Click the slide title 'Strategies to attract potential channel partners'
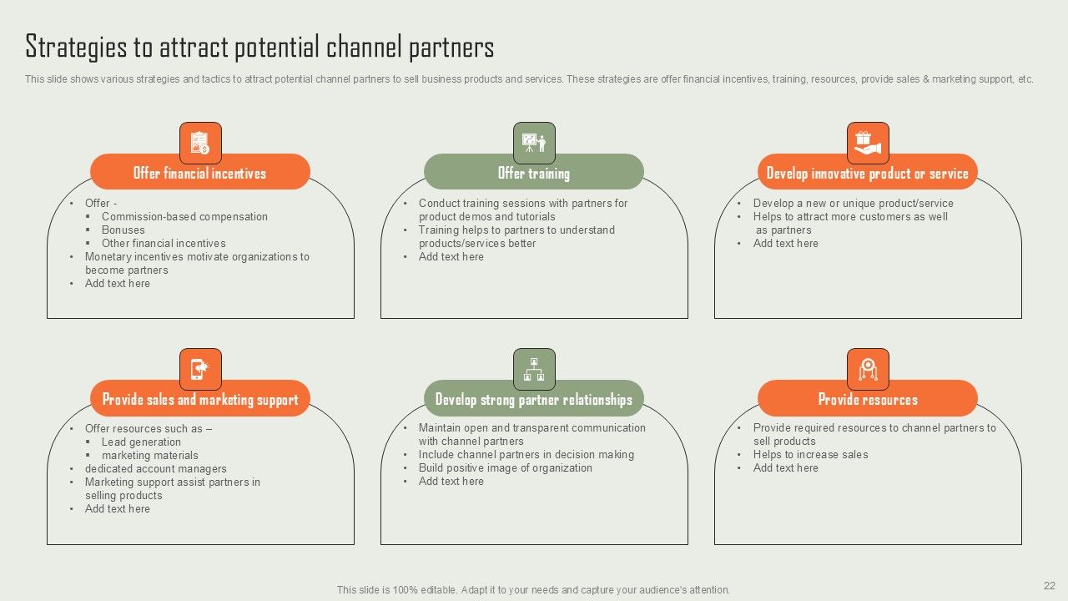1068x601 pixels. tap(259, 47)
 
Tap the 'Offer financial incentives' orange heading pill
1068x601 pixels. tap(200, 173)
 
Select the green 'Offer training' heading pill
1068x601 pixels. tap(534, 173)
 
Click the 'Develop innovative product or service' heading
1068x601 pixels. tap(868, 173)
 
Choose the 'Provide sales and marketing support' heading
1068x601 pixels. tap(200, 399)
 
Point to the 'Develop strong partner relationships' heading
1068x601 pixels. tap(534, 399)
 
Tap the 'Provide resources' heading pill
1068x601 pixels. tap(868, 399)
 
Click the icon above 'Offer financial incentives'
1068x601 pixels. tap(200, 143)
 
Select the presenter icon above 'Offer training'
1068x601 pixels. tap(534, 143)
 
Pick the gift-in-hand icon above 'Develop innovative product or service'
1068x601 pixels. tap(868, 143)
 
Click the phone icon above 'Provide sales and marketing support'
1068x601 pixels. tap(200, 369)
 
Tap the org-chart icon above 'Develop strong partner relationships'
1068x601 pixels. tap(534, 369)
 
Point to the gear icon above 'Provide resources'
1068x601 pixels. tap(868, 369)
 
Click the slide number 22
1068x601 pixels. tap(1049, 586)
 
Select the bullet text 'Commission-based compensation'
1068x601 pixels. tap(184, 216)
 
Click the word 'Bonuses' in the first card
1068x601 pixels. tap(123, 230)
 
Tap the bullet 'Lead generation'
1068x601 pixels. tap(141, 442)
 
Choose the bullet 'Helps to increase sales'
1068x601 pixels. tap(810, 454)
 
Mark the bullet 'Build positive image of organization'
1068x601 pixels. tap(505, 467)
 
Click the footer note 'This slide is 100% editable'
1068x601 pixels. tap(533, 589)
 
